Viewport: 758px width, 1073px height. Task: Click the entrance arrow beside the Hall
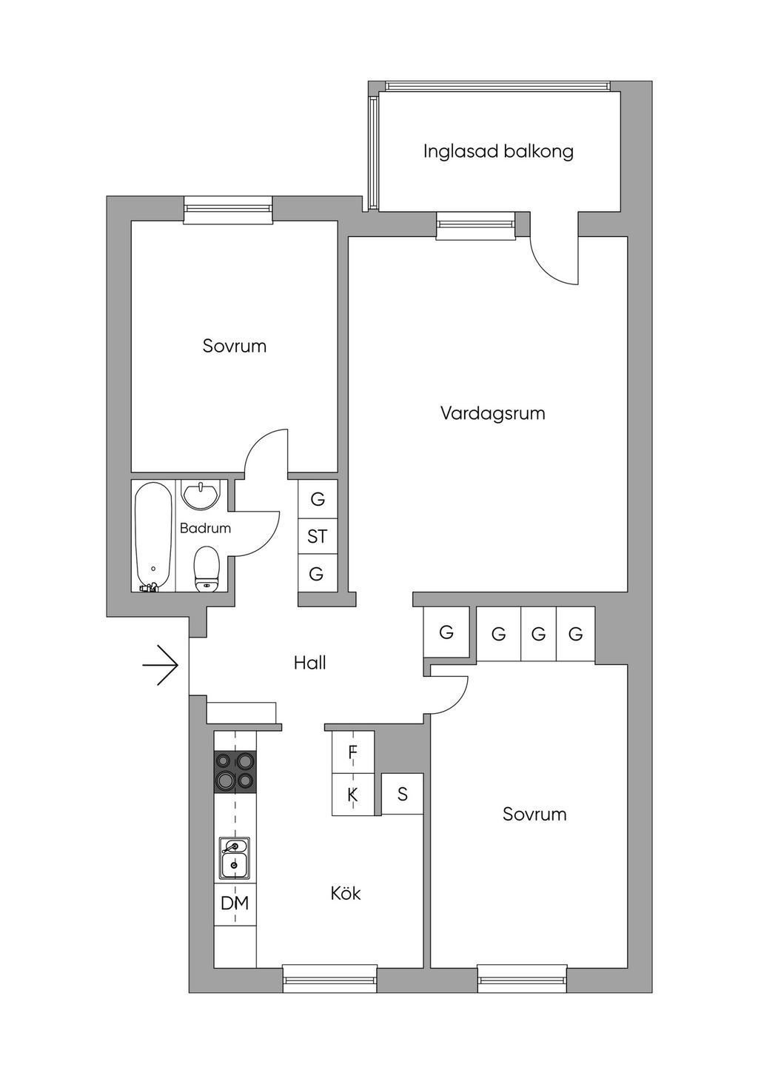161,663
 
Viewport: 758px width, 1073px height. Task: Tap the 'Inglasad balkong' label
498,151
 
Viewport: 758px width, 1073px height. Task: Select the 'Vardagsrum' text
492,412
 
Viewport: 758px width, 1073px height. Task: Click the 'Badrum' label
205,528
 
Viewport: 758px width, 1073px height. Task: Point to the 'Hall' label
309,663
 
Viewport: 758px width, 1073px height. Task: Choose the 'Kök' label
345,893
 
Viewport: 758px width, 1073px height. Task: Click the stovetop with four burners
235,771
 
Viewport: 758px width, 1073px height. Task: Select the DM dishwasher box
235,903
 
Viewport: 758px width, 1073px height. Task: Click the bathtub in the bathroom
154,535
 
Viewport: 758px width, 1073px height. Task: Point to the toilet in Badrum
207,569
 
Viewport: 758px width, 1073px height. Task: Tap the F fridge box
352,752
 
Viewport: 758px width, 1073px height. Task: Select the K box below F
352,795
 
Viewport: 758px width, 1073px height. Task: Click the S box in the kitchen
402,794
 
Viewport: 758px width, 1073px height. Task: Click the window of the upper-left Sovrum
228,210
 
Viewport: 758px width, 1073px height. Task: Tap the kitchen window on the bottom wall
330,978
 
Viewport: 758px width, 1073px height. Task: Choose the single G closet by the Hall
446,632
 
